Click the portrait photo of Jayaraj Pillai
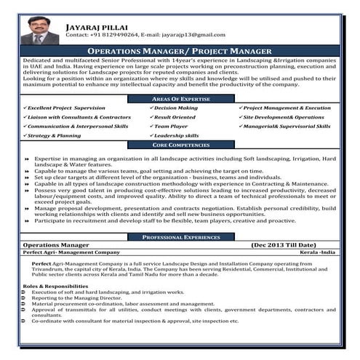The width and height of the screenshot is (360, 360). coord(40,28)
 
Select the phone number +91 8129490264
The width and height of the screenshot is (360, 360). coord(116,34)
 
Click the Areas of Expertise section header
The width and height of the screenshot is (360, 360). coord(180,97)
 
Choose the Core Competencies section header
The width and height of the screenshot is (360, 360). coord(180,145)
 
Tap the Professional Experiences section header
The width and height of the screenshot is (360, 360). coord(180,237)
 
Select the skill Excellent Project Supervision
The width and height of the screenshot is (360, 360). coord(68,107)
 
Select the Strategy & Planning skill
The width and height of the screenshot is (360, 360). coord(56,135)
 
